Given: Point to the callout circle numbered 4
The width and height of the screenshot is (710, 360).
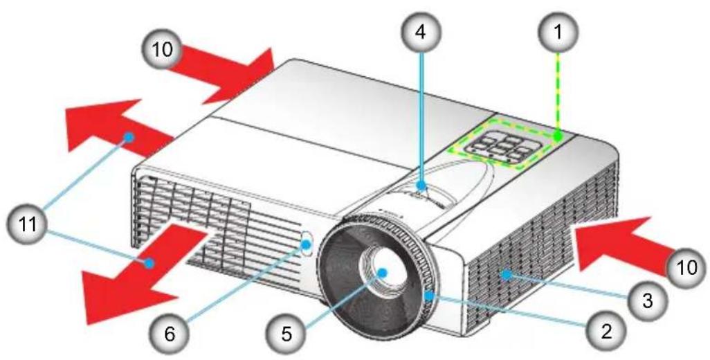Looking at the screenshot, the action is (421, 32).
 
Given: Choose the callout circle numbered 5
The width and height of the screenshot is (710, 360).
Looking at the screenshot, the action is (287, 335).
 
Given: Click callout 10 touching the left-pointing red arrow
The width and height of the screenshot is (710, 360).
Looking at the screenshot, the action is (686, 267).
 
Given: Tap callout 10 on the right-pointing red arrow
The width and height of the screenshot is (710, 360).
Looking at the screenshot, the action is (162, 50).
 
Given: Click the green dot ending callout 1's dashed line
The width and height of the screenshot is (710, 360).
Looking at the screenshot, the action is (558, 135).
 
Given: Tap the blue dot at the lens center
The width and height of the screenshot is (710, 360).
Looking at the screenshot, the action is (382, 272).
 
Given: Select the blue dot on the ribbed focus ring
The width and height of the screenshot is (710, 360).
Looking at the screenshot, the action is (428, 296).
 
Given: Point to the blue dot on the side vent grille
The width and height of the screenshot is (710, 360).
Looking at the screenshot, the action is (507, 274).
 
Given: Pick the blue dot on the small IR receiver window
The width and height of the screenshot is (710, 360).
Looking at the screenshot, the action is (307, 244).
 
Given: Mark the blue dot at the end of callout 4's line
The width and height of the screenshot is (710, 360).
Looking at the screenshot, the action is (421, 186).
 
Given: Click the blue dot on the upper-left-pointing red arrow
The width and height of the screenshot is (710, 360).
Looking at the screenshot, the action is (130, 136).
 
